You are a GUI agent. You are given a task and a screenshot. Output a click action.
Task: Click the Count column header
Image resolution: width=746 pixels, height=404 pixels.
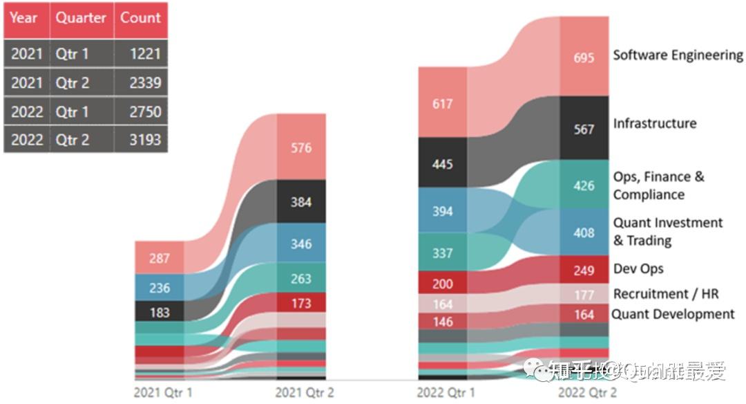click(x=140, y=18)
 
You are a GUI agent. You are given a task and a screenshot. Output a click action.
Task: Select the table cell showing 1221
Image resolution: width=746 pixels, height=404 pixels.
click(x=140, y=54)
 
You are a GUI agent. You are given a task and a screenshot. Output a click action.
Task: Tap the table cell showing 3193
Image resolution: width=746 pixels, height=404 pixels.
click(x=140, y=140)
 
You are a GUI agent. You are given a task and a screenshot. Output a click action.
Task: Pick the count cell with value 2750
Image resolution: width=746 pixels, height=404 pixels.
click(x=140, y=111)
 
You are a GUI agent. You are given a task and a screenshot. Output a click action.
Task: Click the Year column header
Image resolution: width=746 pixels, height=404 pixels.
click(x=24, y=18)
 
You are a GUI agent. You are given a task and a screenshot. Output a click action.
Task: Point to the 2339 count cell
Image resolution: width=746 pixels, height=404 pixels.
click(x=140, y=83)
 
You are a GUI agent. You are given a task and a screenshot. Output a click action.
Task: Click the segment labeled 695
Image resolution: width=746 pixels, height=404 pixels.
click(x=584, y=57)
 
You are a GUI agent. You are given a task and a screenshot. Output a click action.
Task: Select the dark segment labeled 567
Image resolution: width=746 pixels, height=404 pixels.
click(x=584, y=129)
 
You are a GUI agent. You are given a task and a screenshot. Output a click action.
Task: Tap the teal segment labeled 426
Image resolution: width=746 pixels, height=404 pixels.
click(x=584, y=185)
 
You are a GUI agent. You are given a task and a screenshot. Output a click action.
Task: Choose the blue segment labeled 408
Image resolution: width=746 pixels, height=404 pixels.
click(x=584, y=232)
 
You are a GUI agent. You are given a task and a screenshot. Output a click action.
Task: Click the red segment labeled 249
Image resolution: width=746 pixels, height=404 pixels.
click(x=584, y=269)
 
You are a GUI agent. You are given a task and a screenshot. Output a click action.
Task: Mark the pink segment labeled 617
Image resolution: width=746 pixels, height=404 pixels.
click(x=443, y=104)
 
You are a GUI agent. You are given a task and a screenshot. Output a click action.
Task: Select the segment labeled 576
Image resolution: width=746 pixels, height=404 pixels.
click(x=301, y=147)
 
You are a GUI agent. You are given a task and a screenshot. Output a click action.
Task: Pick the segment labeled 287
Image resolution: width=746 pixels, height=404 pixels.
click(x=160, y=258)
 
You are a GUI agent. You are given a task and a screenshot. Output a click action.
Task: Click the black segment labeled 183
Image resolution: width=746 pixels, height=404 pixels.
click(x=160, y=312)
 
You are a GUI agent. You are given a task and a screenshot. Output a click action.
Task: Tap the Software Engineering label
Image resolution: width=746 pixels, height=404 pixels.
click(x=678, y=55)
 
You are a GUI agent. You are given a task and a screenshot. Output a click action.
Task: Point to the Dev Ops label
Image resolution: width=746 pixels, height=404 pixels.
click(x=638, y=268)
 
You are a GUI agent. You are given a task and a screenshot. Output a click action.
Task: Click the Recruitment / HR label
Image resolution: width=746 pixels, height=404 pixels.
click(x=666, y=294)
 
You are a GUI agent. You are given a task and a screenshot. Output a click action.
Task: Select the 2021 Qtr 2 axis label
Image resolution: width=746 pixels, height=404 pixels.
click(x=305, y=393)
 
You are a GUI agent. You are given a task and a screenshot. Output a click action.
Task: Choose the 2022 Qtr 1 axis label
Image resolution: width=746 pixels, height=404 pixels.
click(x=446, y=393)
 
